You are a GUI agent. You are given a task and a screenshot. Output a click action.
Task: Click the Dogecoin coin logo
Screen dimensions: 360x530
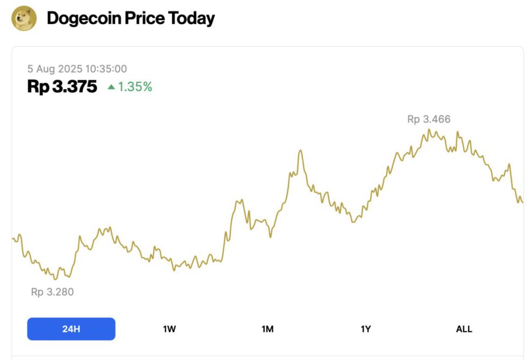24,19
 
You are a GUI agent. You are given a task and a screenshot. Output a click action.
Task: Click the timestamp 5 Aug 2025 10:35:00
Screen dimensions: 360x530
77,69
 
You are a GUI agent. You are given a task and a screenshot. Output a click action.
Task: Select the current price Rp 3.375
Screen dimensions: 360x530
62,87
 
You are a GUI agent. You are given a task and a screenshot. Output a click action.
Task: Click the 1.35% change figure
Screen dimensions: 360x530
135,87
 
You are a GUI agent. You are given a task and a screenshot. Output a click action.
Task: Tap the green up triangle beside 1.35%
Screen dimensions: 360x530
111,87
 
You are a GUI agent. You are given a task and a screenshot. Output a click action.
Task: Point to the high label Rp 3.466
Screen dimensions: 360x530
429,119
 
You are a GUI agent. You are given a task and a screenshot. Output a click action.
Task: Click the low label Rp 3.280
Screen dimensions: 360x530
52,292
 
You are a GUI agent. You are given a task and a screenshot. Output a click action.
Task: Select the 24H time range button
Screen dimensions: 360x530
71,329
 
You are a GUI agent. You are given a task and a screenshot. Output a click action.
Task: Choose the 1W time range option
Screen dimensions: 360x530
169,329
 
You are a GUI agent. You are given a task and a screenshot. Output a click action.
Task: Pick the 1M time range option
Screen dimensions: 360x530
268,329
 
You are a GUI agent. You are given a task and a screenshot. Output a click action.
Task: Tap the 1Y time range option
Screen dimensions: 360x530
365,329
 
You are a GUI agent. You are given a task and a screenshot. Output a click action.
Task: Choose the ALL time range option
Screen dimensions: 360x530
464,329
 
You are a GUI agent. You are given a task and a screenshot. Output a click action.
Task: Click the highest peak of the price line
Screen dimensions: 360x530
429,129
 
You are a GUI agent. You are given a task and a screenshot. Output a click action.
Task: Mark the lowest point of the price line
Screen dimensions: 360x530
55,280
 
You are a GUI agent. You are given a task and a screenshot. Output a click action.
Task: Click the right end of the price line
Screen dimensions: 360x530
523,202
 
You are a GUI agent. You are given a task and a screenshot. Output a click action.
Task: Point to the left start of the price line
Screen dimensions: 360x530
12,239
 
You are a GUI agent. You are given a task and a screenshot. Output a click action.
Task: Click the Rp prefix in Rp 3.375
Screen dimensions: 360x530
38,87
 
